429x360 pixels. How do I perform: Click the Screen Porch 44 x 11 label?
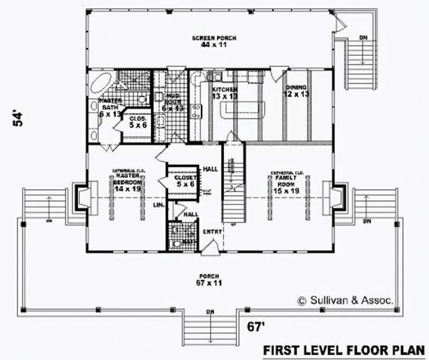(214, 41)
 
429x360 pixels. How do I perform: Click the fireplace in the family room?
(336, 196)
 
